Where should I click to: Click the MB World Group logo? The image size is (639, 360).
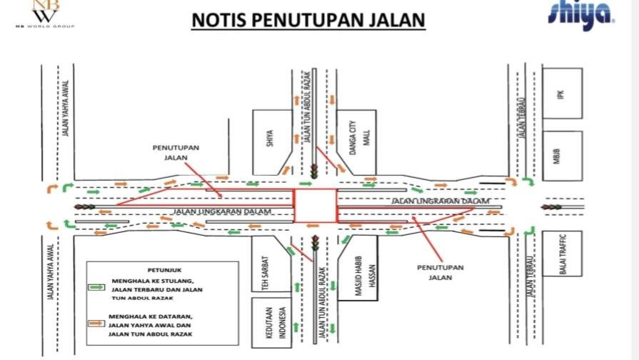[x=44, y=14]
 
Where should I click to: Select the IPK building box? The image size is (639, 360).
[x=562, y=93]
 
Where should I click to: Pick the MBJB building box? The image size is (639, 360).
[x=562, y=156]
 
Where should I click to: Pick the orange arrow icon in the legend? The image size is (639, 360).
[x=96, y=324]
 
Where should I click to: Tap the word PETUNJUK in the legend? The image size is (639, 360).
[x=161, y=270]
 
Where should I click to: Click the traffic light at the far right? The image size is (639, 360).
[x=550, y=207]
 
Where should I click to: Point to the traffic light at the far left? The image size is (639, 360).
[x=85, y=207]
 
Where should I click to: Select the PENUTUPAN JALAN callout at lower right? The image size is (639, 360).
[x=440, y=272]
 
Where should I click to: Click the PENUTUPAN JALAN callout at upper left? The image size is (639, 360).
[x=175, y=151]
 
